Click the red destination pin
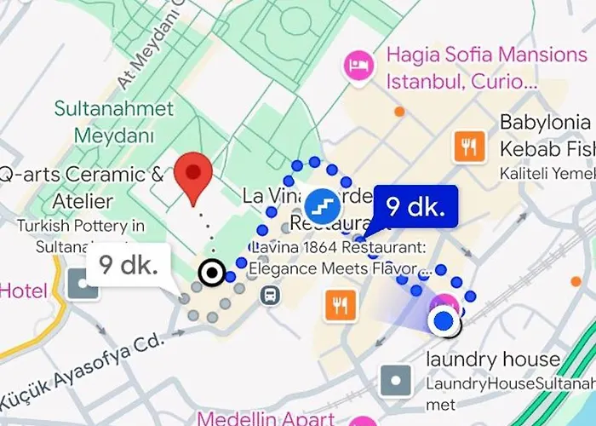193,176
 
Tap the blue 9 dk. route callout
416,207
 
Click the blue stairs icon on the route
323,203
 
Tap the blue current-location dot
442,321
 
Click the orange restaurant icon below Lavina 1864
341,303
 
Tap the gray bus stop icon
271,296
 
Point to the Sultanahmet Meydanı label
114,122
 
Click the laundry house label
494,360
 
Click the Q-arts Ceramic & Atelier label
81,187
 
